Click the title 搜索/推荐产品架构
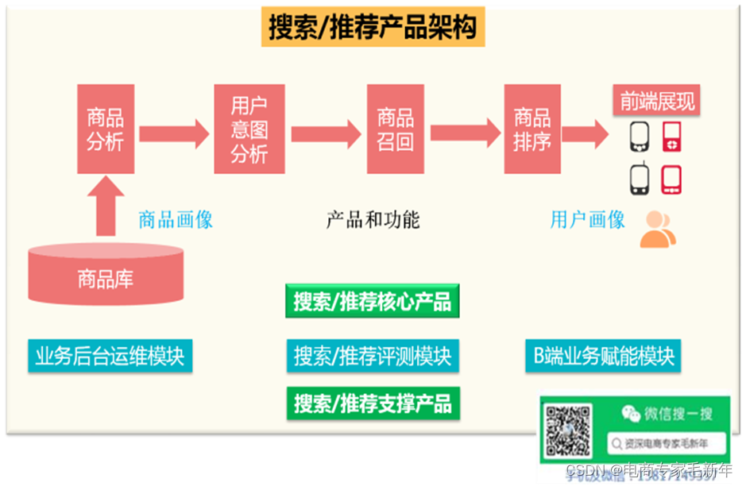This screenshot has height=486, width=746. pyautogui.click(x=373, y=29)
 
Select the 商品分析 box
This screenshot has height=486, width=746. pyautogui.click(x=106, y=129)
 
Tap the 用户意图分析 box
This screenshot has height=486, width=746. pyautogui.click(x=249, y=129)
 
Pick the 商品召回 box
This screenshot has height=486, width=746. pyautogui.click(x=395, y=129)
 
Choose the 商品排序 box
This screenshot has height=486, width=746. pyautogui.click(x=531, y=129)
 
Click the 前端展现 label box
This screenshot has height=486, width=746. pyautogui.click(x=657, y=101)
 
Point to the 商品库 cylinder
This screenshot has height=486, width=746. pyautogui.click(x=106, y=275)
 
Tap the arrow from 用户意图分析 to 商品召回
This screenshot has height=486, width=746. pyautogui.click(x=326, y=133)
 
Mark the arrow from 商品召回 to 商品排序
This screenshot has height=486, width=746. pyautogui.click(x=465, y=131)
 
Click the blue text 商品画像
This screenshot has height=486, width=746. pyautogui.click(x=176, y=219)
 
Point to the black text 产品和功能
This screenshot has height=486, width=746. pyautogui.click(x=373, y=219)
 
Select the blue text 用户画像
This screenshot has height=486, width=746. pyautogui.click(x=587, y=219)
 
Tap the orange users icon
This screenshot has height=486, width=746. pyautogui.click(x=658, y=229)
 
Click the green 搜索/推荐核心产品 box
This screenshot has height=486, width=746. pyautogui.click(x=372, y=302)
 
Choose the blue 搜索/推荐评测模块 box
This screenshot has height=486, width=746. pyautogui.click(x=372, y=355)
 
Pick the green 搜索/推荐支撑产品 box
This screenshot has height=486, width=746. pyautogui.click(x=372, y=403)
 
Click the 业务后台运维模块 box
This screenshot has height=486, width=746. pyautogui.click(x=110, y=355)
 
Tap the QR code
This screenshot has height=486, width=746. pyautogui.click(x=567, y=430)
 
